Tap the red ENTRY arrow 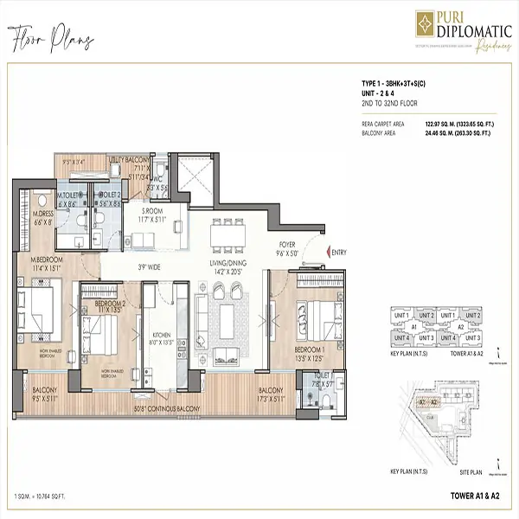[324, 252]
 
